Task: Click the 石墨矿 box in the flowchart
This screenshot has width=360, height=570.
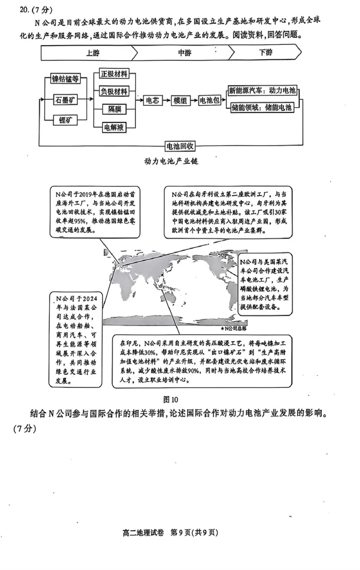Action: (x=65, y=100)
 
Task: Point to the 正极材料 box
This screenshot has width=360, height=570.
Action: (x=114, y=74)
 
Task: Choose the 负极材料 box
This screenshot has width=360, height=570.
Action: (x=114, y=91)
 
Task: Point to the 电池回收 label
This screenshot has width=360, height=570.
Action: (x=180, y=146)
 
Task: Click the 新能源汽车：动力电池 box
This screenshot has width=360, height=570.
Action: (x=262, y=90)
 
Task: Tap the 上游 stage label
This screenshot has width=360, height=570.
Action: (x=92, y=53)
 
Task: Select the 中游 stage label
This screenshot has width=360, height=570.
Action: (x=184, y=53)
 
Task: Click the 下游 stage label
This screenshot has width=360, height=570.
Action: (x=265, y=53)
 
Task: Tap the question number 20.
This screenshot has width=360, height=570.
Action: (x=20, y=9)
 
